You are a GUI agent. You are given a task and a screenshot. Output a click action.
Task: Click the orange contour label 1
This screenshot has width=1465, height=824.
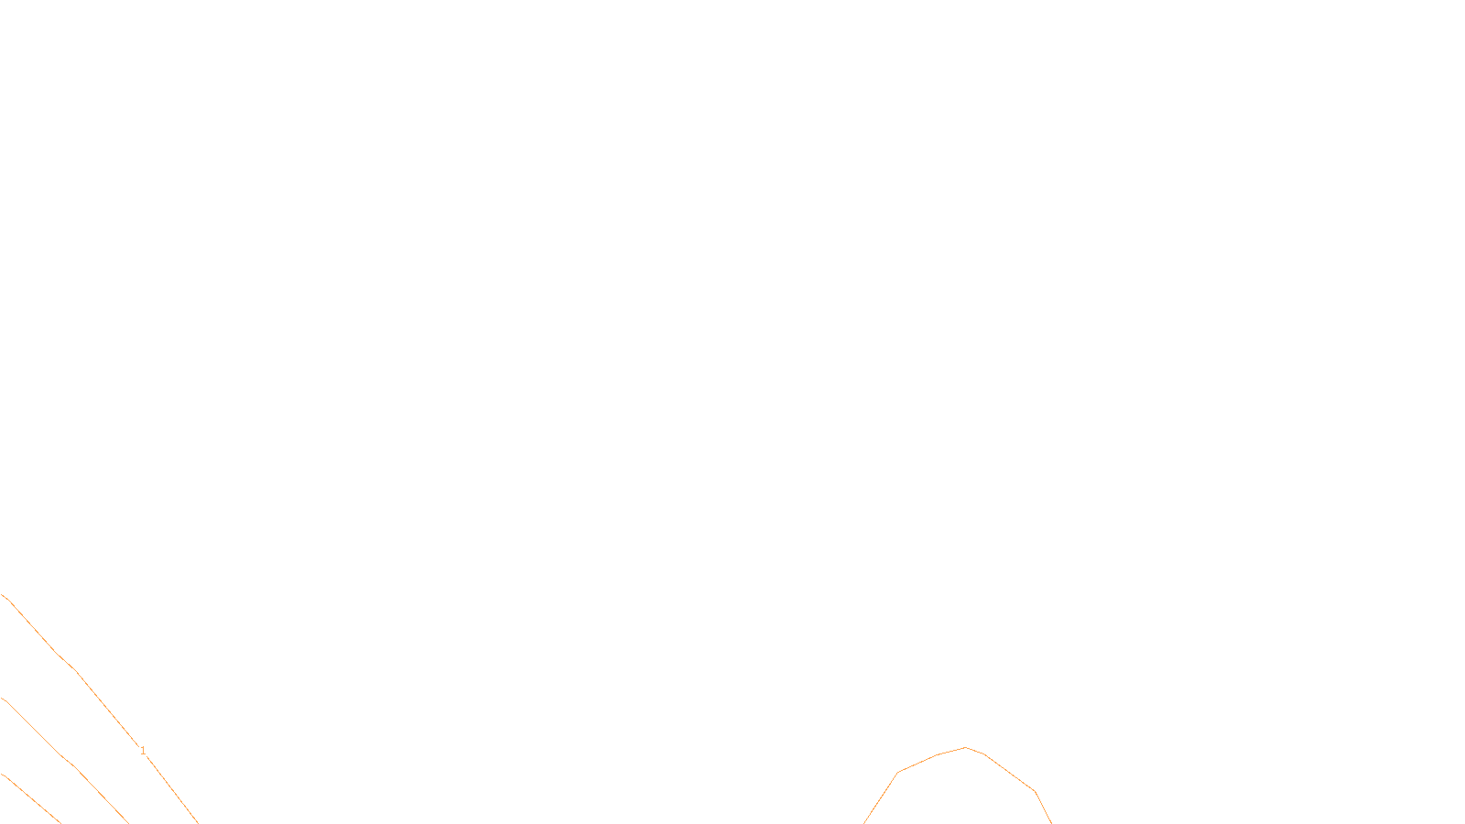pos(143,751)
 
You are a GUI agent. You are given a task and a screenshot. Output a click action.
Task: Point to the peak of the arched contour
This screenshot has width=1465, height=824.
pos(965,748)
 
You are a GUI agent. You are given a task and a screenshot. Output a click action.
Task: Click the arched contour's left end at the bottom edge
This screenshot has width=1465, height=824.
pos(864,822)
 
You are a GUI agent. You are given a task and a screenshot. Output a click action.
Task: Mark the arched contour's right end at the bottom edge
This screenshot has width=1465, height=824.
pos(1051,822)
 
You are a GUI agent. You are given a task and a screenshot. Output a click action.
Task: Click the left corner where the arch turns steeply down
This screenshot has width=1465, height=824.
pos(897,773)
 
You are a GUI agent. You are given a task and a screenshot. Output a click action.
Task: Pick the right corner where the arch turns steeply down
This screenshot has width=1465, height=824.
pos(1035,791)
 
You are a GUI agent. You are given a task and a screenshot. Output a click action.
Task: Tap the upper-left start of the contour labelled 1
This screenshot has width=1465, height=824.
pos(3,595)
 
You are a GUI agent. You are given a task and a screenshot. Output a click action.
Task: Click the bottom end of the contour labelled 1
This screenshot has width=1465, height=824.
pos(197,822)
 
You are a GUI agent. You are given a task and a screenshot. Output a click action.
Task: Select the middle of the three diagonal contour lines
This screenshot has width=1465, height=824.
pos(64,758)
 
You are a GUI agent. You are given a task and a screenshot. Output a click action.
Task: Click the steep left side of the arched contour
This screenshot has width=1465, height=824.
pos(881,797)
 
